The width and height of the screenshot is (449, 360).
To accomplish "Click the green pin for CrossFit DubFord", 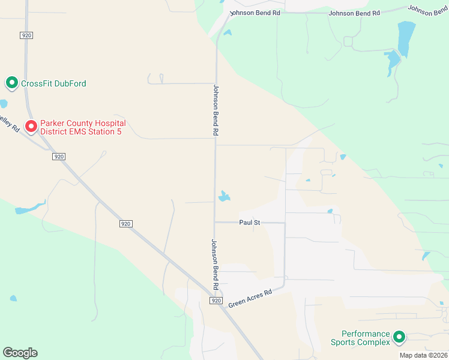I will [11, 83].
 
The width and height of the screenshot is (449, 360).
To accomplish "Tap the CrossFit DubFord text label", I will [53, 83].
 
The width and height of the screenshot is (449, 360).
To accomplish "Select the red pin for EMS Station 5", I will [31, 126].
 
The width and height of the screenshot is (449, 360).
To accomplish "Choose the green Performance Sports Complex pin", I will [399, 338].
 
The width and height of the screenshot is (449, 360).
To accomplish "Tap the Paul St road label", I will [249, 222].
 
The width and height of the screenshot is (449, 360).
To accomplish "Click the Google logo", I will [20, 353].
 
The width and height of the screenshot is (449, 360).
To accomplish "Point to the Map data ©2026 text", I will [423, 355].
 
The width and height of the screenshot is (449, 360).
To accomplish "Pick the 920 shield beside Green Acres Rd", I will [217, 301].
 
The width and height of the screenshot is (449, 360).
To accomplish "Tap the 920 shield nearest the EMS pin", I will [58, 157].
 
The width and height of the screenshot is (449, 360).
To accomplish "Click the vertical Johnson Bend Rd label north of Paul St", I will [216, 109].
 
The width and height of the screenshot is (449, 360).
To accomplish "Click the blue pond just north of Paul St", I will [224, 196].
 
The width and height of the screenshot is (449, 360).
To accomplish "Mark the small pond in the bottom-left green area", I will [13, 298].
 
